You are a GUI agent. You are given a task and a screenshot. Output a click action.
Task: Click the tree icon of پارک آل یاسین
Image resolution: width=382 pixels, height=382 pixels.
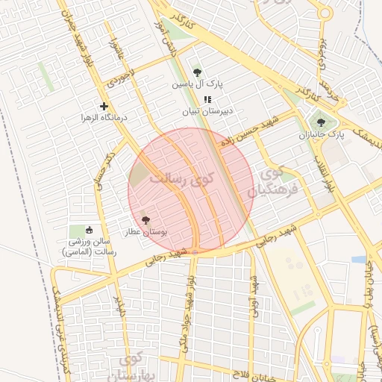click(x=197, y=72)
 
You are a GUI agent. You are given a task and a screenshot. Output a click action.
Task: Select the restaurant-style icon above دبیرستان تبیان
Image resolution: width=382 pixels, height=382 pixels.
click(x=208, y=99)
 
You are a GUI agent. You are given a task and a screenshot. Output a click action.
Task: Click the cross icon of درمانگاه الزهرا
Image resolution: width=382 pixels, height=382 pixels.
click(x=104, y=107)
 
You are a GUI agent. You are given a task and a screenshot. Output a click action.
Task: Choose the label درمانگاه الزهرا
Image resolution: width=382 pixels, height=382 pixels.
click(x=105, y=119)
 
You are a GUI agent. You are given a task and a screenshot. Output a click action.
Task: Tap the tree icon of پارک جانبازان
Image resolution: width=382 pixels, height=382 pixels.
click(x=321, y=123)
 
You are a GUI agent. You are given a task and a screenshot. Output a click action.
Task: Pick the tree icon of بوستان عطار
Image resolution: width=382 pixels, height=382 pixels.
click(x=145, y=220)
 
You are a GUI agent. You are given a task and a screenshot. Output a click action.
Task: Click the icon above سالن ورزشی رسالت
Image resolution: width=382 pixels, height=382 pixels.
click(x=90, y=230)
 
